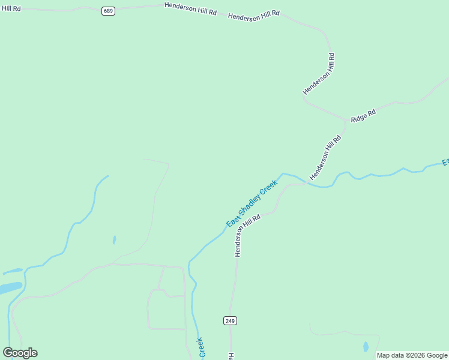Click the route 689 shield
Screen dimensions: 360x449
click(x=108, y=11)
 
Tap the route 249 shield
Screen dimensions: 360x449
click(x=230, y=320)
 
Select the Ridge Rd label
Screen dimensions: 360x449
click(x=363, y=116)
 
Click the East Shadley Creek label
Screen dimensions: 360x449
click(x=252, y=203)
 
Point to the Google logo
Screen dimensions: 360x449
click(x=20, y=353)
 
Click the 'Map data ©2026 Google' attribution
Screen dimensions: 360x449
click(x=412, y=355)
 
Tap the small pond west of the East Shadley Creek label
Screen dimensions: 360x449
click(x=114, y=239)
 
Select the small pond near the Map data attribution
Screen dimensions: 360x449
click(x=366, y=347)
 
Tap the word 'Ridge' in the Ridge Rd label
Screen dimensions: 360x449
click(x=359, y=118)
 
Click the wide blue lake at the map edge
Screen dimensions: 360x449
click(x=11, y=288)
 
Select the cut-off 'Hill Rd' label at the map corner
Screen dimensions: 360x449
click(x=10, y=8)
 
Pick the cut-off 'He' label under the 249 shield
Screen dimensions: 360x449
click(x=231, y=356)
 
